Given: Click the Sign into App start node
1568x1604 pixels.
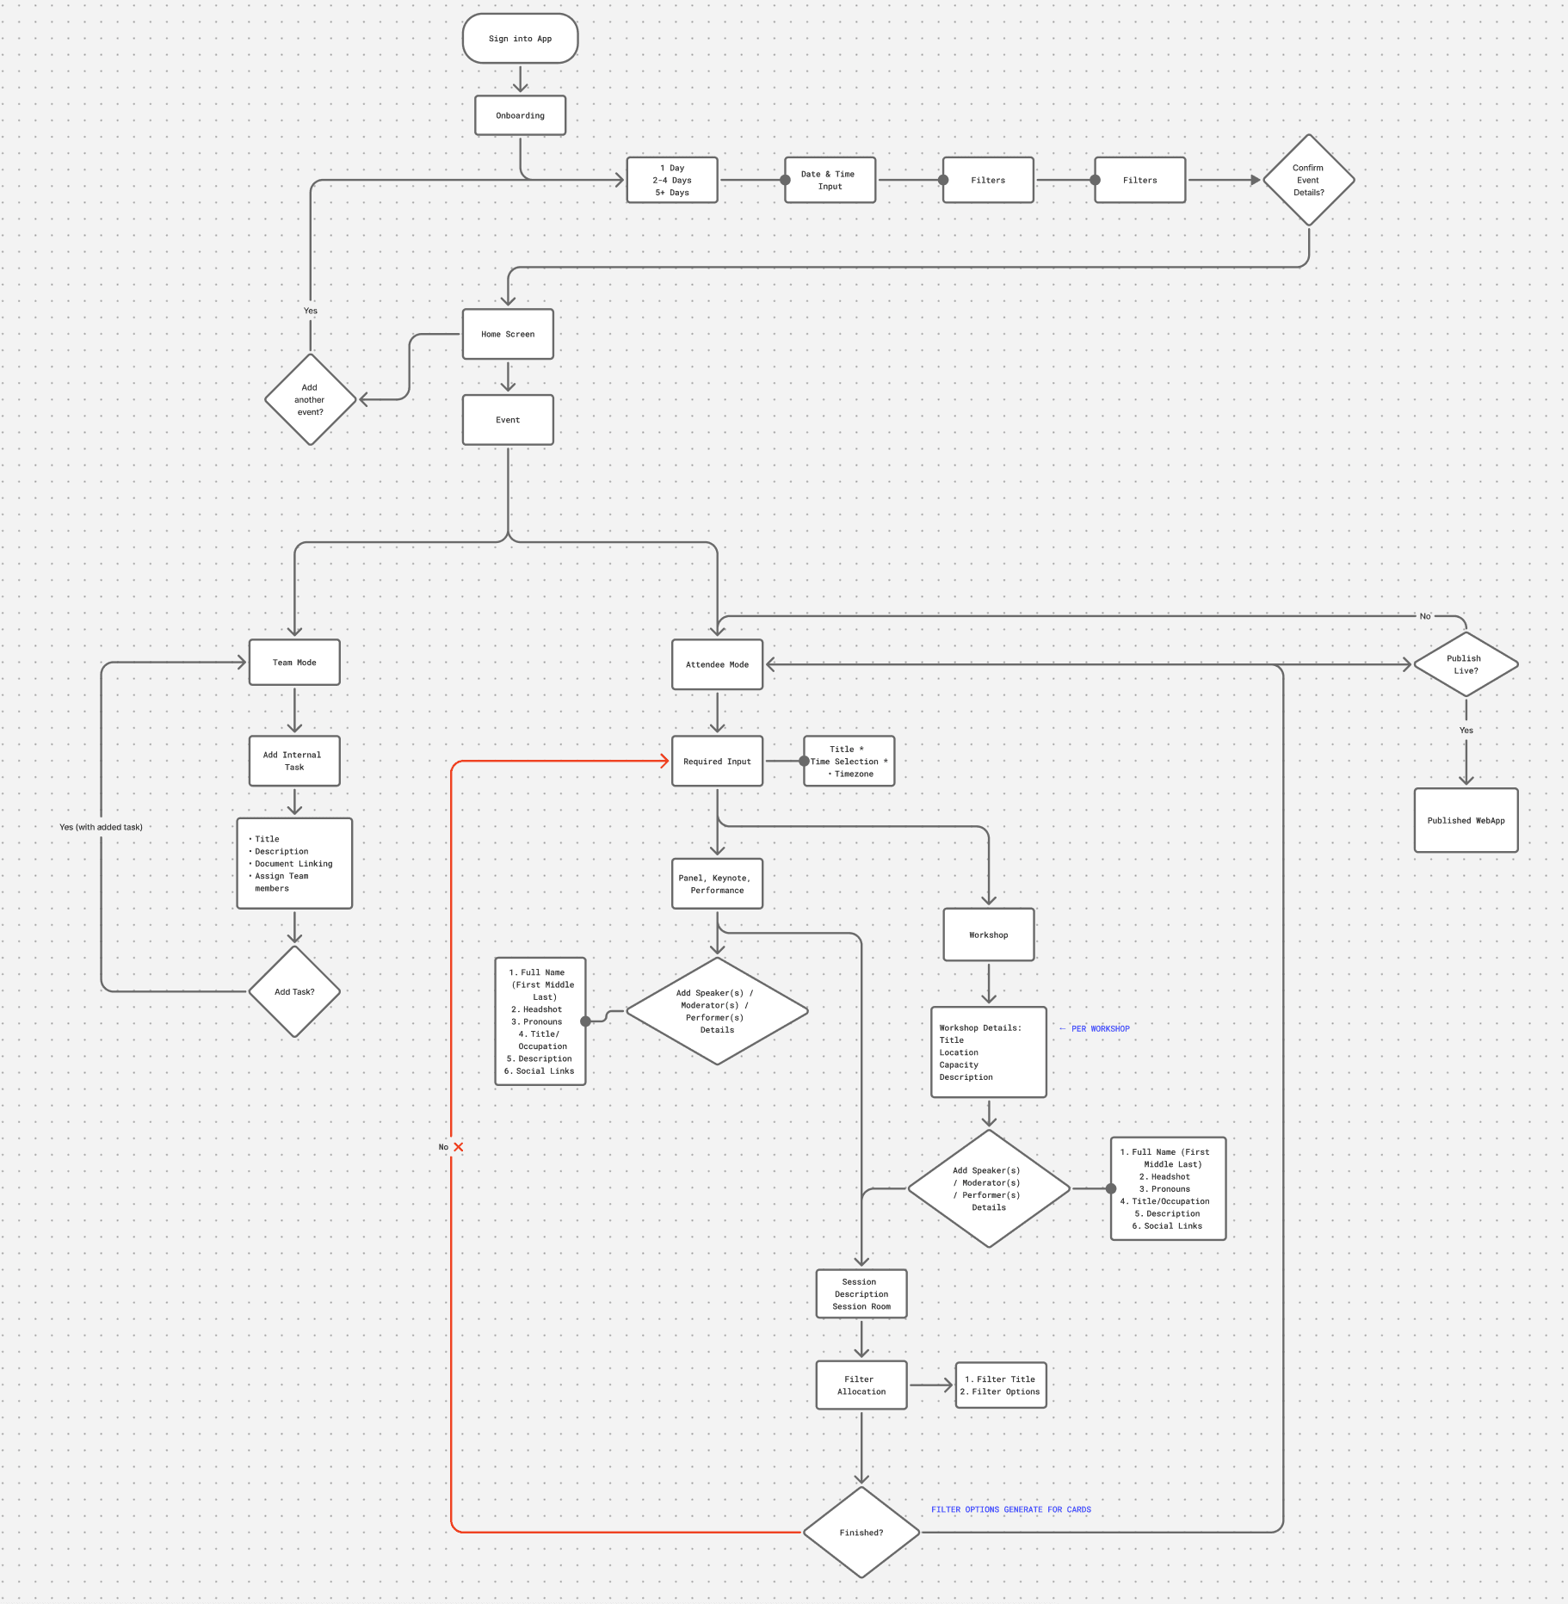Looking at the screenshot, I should coord(520,39).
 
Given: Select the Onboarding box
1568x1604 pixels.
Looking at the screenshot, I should coord(520,115).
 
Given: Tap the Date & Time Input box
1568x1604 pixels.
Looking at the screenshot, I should coord(830,180).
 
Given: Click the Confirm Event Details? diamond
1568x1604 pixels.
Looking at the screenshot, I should coord(1308,180).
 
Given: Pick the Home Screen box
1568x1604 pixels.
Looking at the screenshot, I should coord(508,334).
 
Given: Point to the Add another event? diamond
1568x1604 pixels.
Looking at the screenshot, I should coord(310,399).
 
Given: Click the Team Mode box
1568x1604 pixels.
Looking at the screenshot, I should coord(294,663).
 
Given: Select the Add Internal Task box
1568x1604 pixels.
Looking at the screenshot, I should coord(294,761).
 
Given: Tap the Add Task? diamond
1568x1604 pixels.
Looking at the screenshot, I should coord(294,991).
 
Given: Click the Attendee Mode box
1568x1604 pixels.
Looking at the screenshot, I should coord(717,664).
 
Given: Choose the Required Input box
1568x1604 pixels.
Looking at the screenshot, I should coord(717,762).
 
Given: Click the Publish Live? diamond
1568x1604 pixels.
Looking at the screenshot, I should coord(1466,664).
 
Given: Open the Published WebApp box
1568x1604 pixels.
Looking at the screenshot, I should coord(1466,820).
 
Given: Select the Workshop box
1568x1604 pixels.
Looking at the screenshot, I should coord(988,935).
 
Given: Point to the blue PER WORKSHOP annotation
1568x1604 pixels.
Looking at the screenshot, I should coord(1100,1028).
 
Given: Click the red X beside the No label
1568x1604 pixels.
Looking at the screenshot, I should coord(459,1147).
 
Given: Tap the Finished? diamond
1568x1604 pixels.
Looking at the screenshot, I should coord(861,1533).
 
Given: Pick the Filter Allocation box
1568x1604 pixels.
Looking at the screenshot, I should coord(861,1385).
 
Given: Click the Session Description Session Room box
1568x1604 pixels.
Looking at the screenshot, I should coord(861,1293).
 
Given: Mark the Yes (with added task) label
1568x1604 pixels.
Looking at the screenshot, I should coord(101,827).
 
